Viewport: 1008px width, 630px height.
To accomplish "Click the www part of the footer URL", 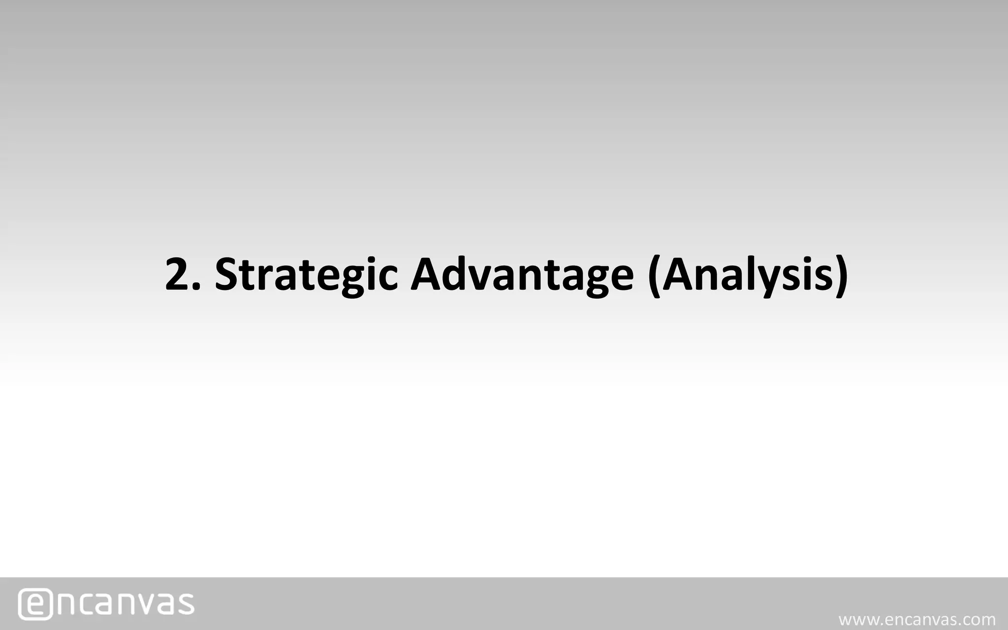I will point(857,619).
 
